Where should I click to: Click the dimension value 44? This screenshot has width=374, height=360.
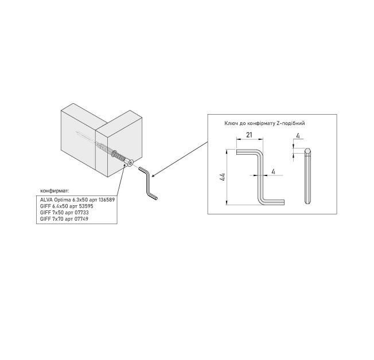coord(223,177)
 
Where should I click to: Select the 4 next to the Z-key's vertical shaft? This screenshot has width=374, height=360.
coord(274,171)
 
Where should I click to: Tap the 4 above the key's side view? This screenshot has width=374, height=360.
coord(299,136)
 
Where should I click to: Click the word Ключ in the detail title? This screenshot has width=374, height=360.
coord(231,123)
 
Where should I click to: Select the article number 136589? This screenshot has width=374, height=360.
coord(103,199)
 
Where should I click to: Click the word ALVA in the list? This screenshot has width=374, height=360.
coord(46,199)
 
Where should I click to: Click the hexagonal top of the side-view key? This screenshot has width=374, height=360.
coord(308,152)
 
